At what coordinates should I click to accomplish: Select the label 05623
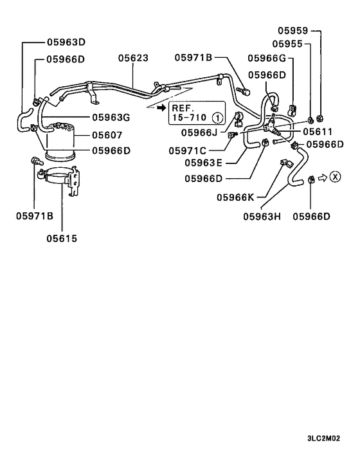point(133,58)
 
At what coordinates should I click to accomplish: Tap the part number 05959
point(293,30)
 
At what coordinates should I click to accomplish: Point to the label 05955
point(287,44)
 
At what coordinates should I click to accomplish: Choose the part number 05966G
point(269,58)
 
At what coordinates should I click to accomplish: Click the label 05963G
point(111,117)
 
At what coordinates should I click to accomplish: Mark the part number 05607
point(107,134)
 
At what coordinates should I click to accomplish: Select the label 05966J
point(201,132)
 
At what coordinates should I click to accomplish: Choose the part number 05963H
point(262,216)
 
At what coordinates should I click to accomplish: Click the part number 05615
point(61,238)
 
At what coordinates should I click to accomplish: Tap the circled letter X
point(335,177)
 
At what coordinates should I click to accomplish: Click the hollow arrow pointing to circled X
point(323,177)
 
